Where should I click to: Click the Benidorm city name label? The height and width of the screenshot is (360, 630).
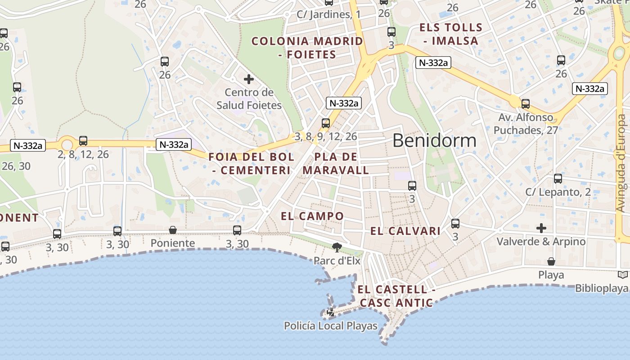coord(434,141)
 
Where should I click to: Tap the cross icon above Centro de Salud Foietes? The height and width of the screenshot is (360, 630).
coord(248,80)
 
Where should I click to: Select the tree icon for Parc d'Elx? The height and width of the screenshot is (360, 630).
coord(337,247)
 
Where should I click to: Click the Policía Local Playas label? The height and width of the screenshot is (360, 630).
coord(331,326)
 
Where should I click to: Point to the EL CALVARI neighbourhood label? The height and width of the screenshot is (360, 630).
coord(405,231)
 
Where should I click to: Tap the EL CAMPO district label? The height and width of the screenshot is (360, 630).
coord(312,216)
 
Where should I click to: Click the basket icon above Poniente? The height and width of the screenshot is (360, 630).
coord(173,230)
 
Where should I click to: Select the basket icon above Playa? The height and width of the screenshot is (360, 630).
coord(551,261)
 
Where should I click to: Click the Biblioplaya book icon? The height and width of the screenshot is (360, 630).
coord(623,275)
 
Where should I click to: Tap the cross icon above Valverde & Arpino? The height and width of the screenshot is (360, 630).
coord(541,228)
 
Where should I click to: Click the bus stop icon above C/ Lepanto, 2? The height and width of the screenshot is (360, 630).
coord(558,179)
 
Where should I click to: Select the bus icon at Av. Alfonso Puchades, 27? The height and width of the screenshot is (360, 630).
coord(526,104)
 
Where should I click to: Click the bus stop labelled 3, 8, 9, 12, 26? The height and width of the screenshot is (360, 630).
coord(326,123)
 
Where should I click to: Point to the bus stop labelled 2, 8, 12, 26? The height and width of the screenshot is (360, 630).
coord(83,141)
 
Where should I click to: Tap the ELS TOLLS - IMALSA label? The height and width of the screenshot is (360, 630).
coord(451,34)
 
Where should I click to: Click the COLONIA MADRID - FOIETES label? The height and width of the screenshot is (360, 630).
coord(307,48)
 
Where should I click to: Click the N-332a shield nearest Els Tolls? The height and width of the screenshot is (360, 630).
coord(433,63)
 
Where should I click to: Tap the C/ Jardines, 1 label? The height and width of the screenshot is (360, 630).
coord(328,14)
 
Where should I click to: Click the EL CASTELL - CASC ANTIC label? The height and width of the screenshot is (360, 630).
coord(397,296)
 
